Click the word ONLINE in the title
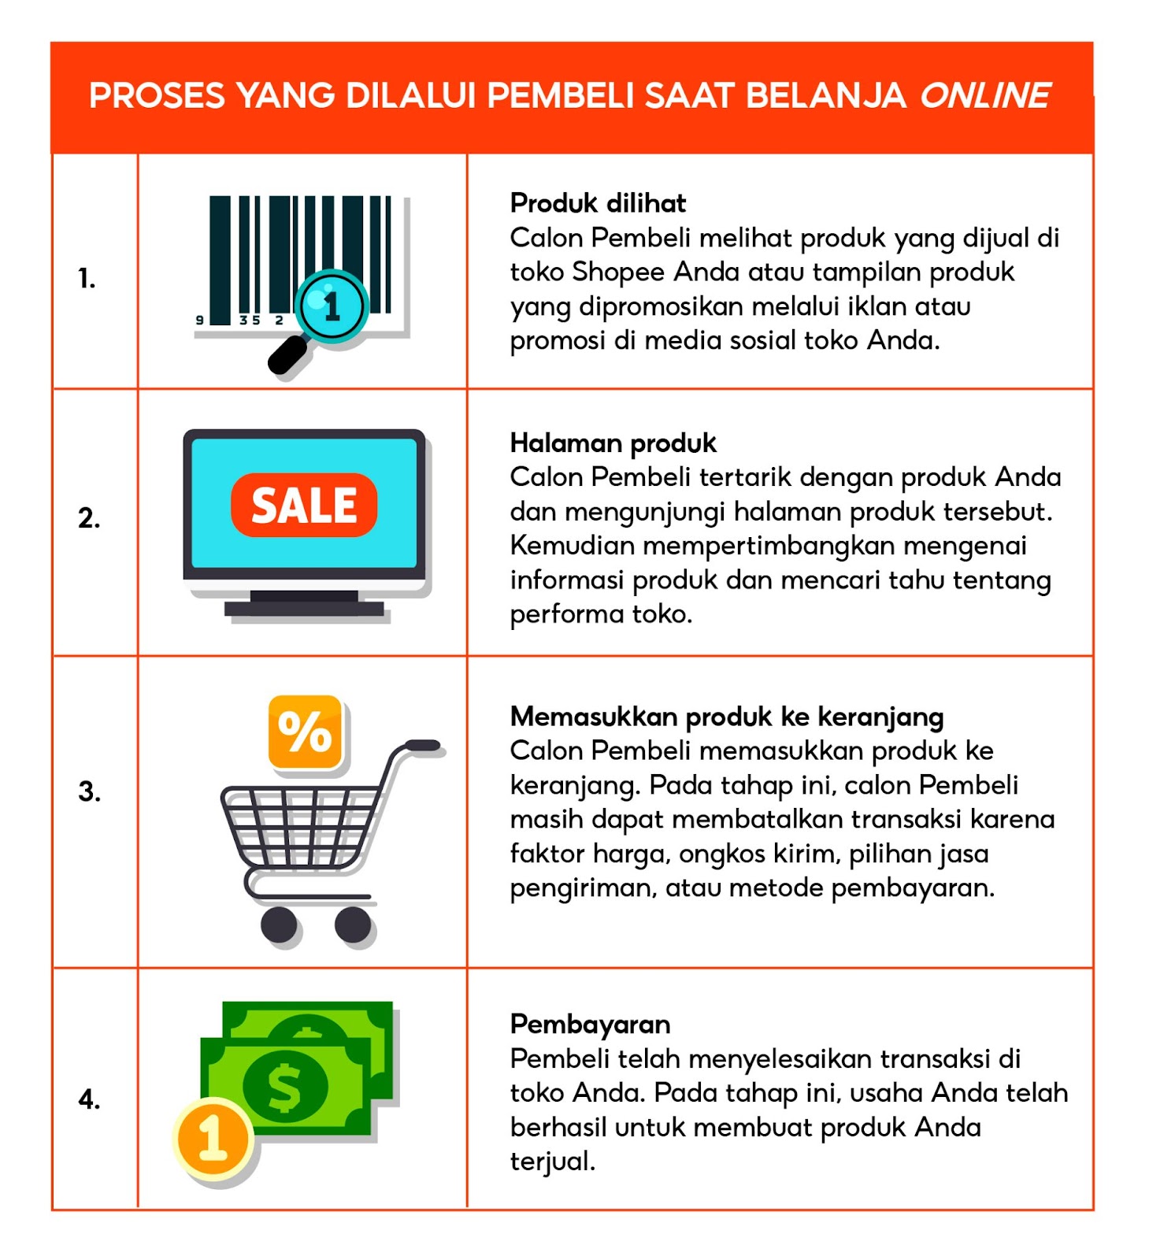tap(984, 96)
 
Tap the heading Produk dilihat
tap(598, 203)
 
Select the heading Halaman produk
tap(613, 443)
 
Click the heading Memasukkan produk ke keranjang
tap(726, 717)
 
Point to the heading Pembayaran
tap(590, 1024)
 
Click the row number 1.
tap(87, 278)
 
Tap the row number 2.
tap(89, 517)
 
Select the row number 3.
tap(89, 791)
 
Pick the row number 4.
tap(89, 1099)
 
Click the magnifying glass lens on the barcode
tap(332, 306)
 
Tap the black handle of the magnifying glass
tap(287, 355)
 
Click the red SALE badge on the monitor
tap(304, 505)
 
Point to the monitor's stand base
tap(304, 608)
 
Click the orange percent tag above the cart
tap(306, 732)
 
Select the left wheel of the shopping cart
tap(279, 924)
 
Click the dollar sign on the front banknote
tap(285, 1087)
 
